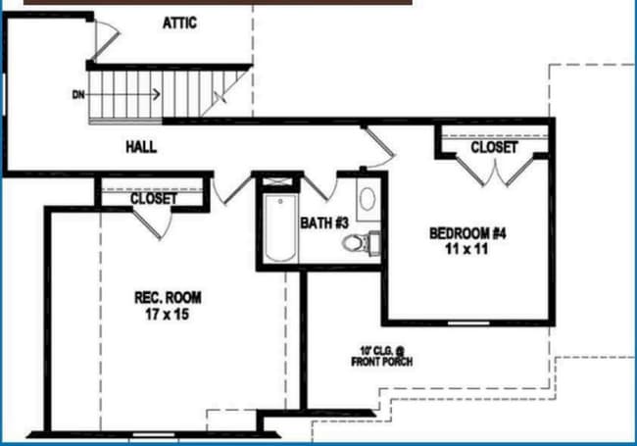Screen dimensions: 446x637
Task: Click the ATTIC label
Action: (x=179, y=23)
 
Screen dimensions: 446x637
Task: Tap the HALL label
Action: (x=141, y=147)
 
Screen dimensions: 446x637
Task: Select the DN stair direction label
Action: (x=78, y=95)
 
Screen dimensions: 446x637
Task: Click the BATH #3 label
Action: (x=324, y=223)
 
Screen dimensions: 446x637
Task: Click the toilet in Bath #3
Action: (x=367, y=242)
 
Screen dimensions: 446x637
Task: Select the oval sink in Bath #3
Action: (x=367, y=200)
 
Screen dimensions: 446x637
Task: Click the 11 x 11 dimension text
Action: (x=466, y=249)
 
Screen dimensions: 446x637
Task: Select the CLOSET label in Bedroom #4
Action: (x=494, y=147)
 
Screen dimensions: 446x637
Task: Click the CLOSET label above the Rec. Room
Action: (x=154, y=198)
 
